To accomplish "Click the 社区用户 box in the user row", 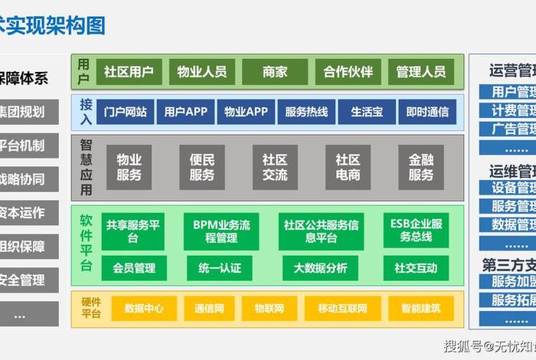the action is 129,72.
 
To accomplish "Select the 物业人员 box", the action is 201,72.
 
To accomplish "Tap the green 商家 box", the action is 275,72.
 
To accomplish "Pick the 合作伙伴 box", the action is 348,72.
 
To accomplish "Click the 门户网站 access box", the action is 125,112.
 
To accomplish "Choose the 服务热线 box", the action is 306,112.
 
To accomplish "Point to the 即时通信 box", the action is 427,112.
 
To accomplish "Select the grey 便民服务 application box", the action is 201,167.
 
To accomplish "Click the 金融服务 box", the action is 420,167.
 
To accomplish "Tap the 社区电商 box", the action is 348,167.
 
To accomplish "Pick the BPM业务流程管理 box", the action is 221,231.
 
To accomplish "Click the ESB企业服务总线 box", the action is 416,231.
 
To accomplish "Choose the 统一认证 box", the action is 220,268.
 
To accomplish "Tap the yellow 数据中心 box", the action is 143,309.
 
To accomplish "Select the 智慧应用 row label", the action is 87,167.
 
